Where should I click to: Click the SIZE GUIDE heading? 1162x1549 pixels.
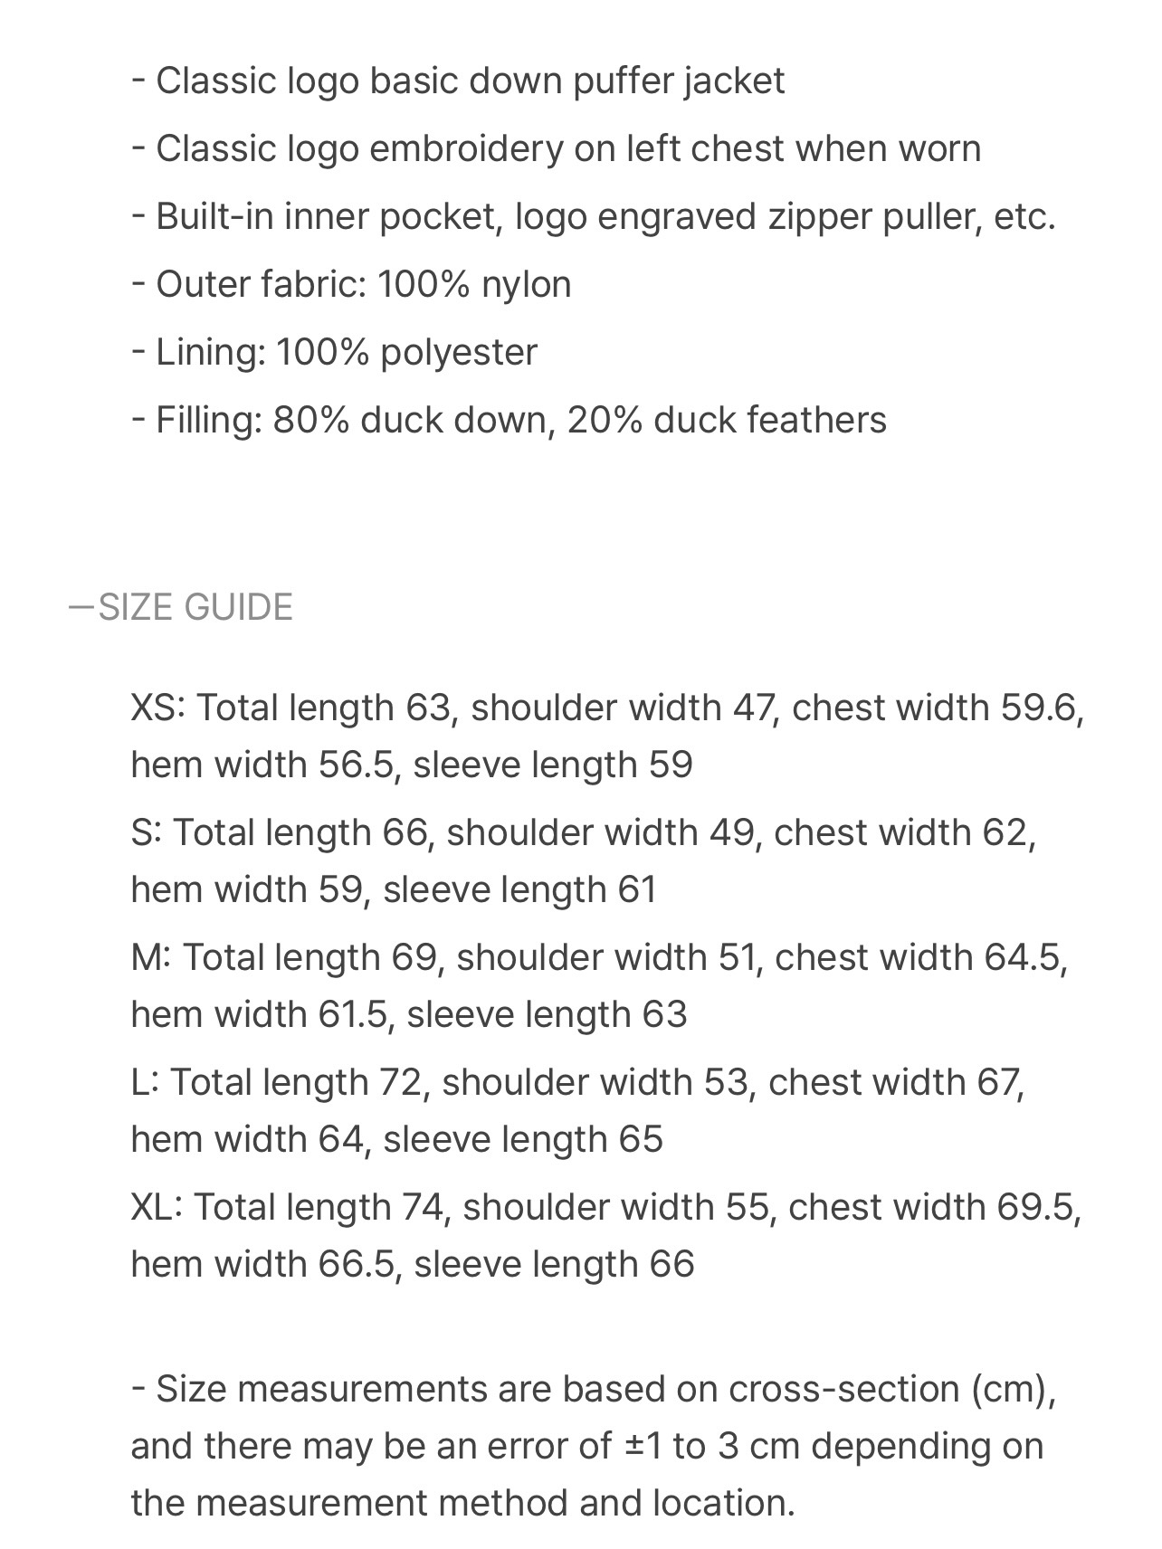[x=195, y=607]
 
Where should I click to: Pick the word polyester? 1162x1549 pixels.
[x=459, y=353]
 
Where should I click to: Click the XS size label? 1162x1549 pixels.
[x=156, y=708]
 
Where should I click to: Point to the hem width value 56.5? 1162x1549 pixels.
[x=357, y=765]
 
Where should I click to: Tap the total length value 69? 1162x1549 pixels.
[x=414, y=957]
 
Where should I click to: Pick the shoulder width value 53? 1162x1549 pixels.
[x=727, y=1082]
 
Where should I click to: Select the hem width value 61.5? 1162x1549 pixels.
[x=353, y=1015]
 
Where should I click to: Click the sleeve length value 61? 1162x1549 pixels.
[x=637, y=890]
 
